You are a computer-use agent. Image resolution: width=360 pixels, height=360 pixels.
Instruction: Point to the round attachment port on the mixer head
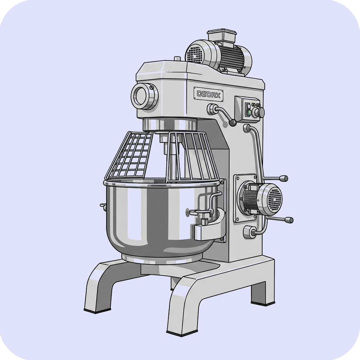coord(144,96)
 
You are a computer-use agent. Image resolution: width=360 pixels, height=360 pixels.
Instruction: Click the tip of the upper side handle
coord(285,178)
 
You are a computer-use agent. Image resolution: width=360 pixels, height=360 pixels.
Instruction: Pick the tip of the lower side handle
coord(290,220)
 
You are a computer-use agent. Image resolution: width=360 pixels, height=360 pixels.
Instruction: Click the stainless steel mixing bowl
coord(161,218)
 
